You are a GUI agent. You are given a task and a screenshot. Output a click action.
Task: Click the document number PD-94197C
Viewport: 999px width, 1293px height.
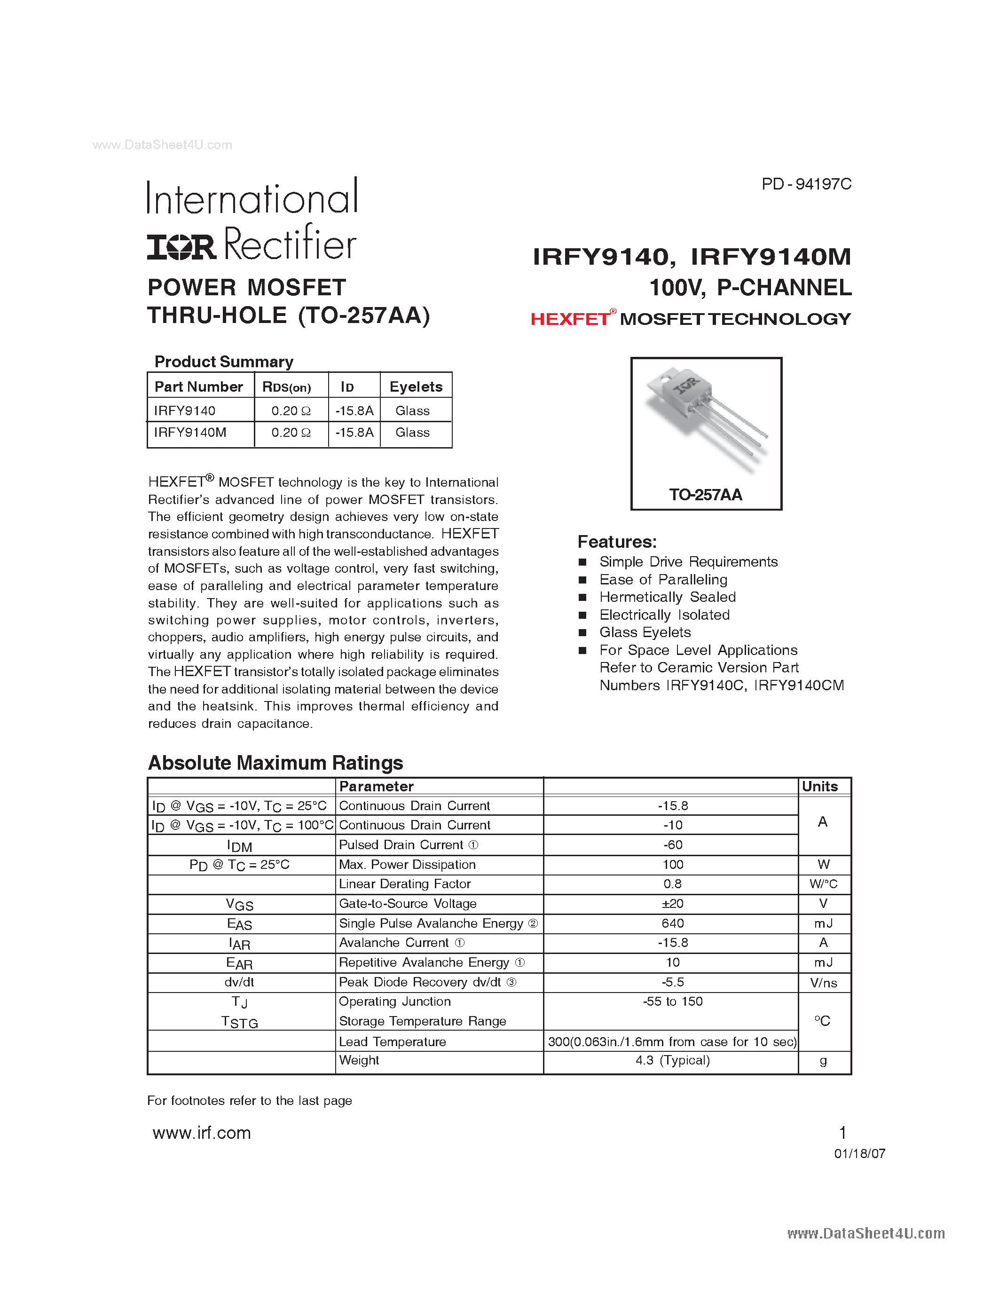(x=806, y=184)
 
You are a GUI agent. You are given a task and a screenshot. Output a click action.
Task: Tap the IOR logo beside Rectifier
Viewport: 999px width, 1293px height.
(x=181, y=247)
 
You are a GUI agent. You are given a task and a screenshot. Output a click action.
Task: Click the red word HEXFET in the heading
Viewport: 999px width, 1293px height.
(x=569, y=319)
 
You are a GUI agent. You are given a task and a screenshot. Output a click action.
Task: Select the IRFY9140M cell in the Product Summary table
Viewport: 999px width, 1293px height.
(x=190, y=433)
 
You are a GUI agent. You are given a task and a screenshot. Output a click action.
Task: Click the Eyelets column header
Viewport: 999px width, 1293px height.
(x=416, y=386)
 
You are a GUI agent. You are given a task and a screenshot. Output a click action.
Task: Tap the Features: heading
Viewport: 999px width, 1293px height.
(x=617, y=542)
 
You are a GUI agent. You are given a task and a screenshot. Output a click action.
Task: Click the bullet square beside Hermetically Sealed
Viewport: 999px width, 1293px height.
(x=582, y=597)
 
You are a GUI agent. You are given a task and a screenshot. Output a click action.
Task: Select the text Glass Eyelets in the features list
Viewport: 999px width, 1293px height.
(x=645, y=632)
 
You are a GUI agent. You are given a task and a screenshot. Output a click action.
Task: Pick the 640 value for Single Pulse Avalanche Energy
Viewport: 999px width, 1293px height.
(x=672, y=923)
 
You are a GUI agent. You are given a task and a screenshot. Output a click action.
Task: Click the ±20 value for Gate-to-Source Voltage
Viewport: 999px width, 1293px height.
(x=672, y=903)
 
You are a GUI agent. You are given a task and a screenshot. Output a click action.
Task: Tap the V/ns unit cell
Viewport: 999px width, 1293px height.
(x=823, y=983)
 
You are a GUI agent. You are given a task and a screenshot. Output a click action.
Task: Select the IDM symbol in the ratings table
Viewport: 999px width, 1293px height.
(x=240, y=846)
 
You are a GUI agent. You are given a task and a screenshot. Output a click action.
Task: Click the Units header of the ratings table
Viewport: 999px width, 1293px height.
(x=820, y=786)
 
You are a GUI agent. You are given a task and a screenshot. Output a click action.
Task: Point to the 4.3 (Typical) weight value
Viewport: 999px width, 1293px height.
(x=672, y=1060)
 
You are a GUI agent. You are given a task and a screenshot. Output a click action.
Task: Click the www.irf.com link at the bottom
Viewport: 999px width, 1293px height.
(x=202, y=1133)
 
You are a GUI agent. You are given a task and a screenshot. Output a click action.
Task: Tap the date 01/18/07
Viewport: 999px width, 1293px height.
(x=859, y=1153)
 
